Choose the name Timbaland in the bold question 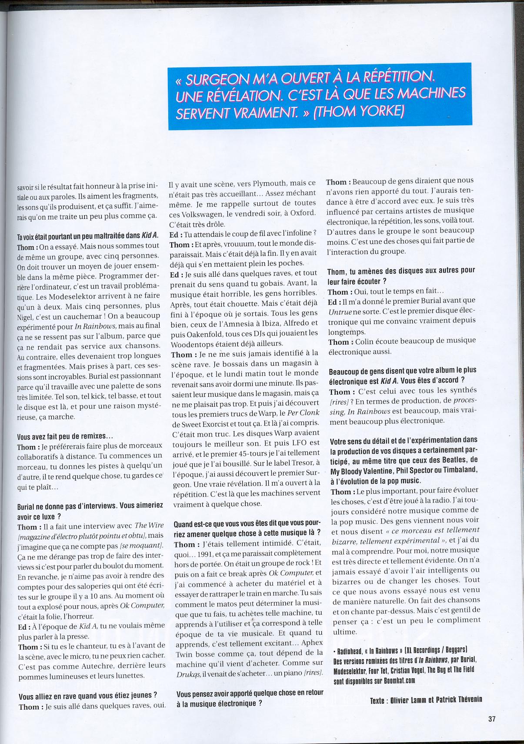pos(456,470)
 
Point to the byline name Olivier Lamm pos(412,700)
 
